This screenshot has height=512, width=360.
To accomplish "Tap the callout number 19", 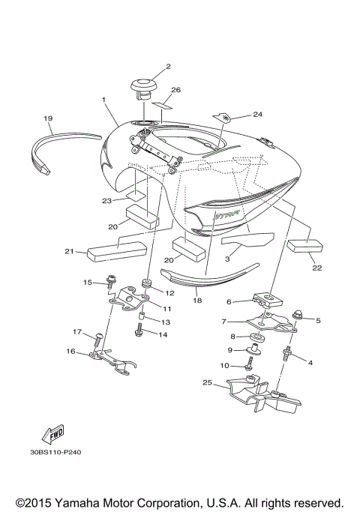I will tap(47, 118).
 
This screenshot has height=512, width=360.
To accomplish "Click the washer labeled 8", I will tap(256, 337).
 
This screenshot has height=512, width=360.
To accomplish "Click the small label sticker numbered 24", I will tap(223, 116).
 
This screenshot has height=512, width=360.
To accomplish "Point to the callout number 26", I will tap(176, 90).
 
